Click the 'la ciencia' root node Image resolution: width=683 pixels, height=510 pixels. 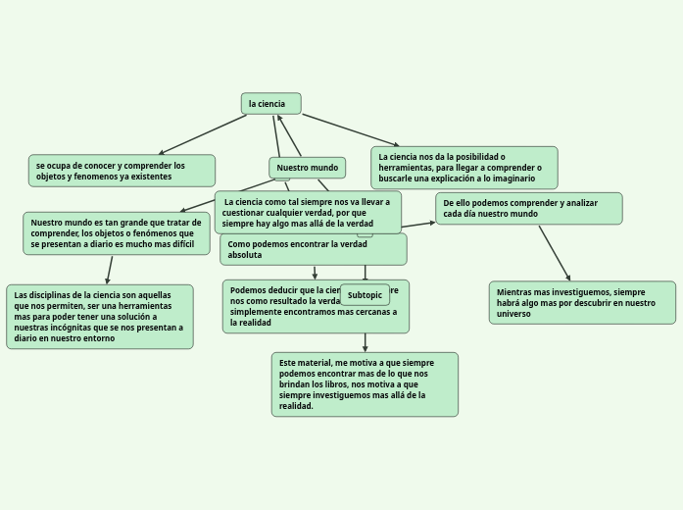click(270, 104)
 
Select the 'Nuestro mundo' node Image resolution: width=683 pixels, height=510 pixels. click(307, 168)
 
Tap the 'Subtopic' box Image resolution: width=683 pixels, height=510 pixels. click(365, 295)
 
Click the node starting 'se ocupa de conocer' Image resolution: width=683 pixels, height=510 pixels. click(122, 171)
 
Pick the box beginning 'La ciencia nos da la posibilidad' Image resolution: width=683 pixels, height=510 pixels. click(463, 168)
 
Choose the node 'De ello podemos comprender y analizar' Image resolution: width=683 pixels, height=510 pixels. click(528, 208)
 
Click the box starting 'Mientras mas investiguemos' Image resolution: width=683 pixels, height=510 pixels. click(582, 303)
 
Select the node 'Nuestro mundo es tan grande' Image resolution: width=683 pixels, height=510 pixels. click(117, 233)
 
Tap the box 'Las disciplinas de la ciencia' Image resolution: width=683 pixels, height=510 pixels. click(99, 317)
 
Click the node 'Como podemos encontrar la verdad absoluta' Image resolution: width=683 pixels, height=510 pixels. click(313, 249)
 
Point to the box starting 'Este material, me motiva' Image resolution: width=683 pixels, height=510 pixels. click(365, 384)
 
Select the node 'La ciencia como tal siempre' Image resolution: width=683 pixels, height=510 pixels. click(308, 213)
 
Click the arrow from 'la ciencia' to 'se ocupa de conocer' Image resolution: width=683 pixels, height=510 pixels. click(203, 134)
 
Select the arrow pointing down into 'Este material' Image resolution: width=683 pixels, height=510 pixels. click(366, 342)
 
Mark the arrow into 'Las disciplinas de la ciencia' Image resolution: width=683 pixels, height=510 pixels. click(110, 270)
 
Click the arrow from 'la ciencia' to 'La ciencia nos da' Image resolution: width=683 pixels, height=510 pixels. click(350, 130)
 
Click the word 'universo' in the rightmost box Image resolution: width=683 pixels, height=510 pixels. click(513, 314)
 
